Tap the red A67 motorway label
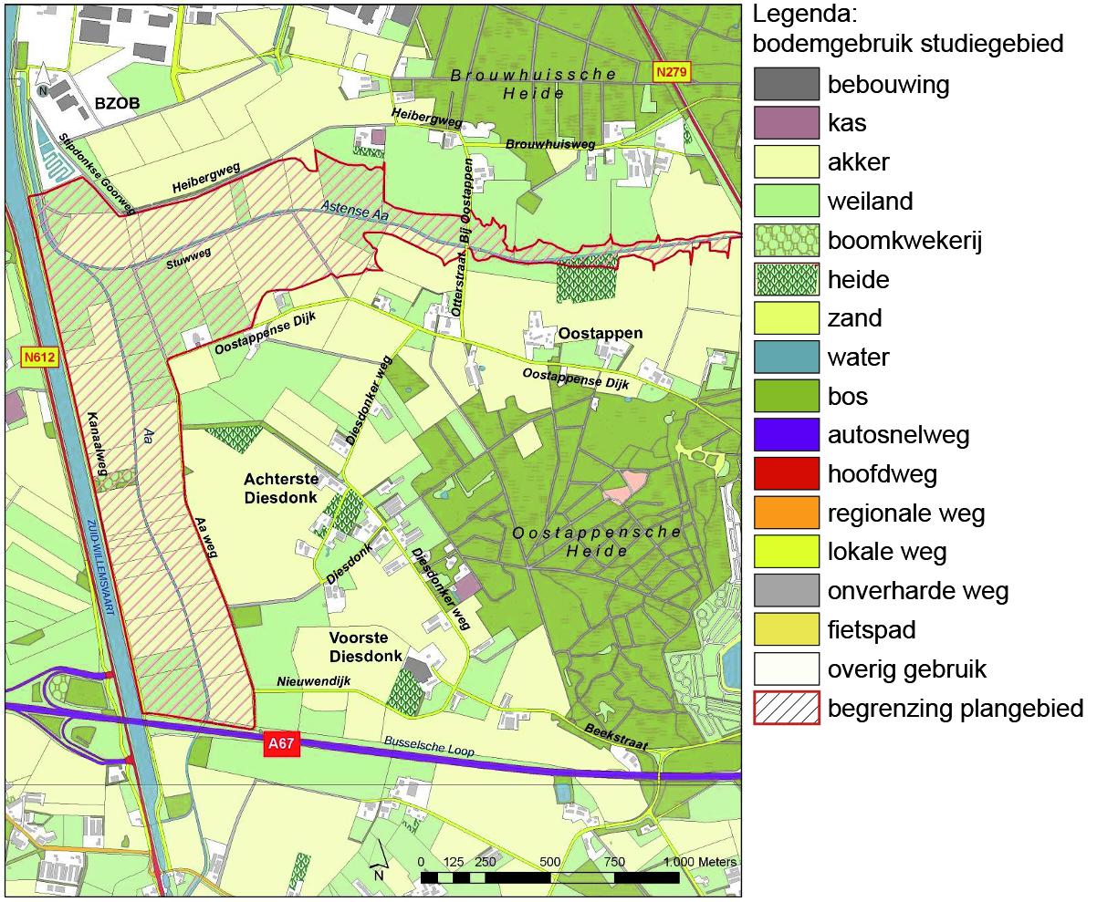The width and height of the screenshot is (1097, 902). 281,744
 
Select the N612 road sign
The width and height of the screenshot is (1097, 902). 38,358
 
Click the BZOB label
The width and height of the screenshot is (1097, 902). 117,104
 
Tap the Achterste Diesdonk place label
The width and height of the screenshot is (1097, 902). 280,488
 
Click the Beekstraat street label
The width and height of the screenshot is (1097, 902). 616,735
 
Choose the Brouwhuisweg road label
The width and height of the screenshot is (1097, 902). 549,144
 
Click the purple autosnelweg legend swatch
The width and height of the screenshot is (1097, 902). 786,436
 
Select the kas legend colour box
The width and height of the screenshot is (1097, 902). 786,123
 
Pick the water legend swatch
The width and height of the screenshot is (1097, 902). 786,358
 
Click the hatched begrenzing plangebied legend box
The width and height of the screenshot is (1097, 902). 786,709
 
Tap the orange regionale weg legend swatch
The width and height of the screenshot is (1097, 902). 786,513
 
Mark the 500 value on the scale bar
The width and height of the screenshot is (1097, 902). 549,862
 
